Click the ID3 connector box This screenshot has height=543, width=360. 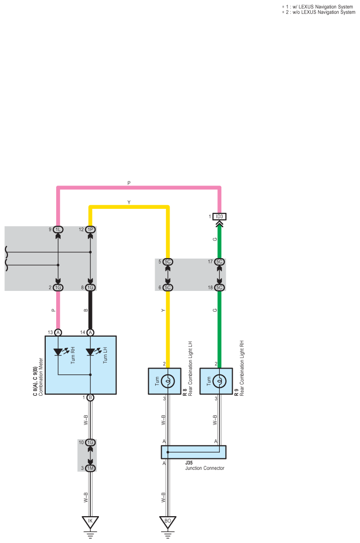pyautogui.click(x=219, y=216)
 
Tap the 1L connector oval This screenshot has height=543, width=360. pyautogui.click(x=58, y=229)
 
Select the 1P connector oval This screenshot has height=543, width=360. pyautogui.click(x=90, y=229)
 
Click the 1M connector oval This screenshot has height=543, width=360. pyautogui.click(x=90, y=468)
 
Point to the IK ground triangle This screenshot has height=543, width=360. pyautogui.click(x=90, y=522)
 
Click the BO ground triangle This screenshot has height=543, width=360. pyautogui.click(x=168, y=522)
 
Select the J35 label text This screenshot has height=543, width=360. pyautogui.click(x=188, y=462)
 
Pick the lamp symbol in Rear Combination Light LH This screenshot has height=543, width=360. pyautogui.click(x=168, y=381)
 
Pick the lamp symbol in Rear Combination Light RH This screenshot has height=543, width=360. pyautogui.click(x=219, y=381)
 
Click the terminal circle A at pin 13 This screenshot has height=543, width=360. pyautogui.click(x=58, y=333)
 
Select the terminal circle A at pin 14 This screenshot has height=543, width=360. pyautogui.click(x=90, y=333)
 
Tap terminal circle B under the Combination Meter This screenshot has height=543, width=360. pyautogui.click(x=90, y=397)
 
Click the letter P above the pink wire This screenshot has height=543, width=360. pyautogui.click(x=129, y=183)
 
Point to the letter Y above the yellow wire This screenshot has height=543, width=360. pyautogui.click(x=129, y=202)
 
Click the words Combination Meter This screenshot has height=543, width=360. pyautogui.click(x=41, y=377)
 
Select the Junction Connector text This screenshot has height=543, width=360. pyautogui.click(x=204, y=468)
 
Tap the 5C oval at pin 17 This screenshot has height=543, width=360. pyautogui.click(x=219, y=262)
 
